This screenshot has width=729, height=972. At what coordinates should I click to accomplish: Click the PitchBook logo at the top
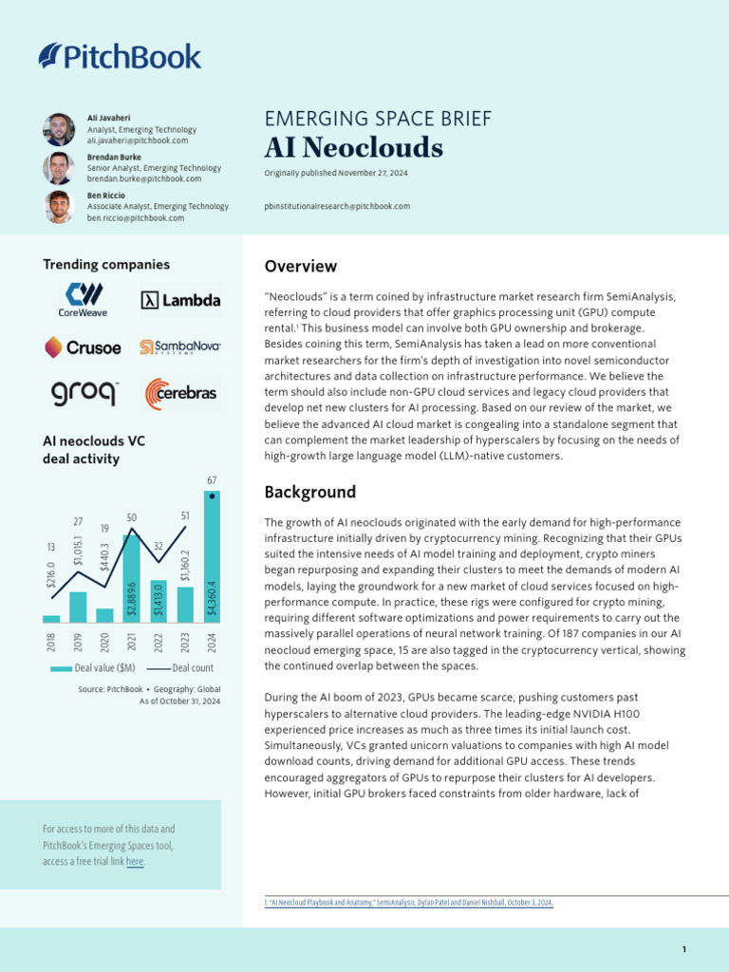120,57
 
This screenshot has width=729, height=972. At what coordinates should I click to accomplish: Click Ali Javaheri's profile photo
58,129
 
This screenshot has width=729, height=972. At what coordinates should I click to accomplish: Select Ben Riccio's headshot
58,207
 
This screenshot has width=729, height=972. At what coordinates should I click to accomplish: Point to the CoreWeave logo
84,299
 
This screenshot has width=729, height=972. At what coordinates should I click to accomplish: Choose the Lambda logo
180,300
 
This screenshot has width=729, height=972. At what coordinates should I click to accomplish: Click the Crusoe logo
84,347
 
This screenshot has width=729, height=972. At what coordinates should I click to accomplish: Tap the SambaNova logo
180,347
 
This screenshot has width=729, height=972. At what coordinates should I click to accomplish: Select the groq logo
84,393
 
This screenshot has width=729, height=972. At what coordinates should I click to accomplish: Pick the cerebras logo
180,393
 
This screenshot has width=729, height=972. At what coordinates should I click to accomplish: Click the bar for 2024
212,560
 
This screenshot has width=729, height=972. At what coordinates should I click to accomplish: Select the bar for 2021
131,579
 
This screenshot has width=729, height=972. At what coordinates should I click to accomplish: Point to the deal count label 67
212,481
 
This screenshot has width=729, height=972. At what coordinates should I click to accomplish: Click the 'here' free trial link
135,862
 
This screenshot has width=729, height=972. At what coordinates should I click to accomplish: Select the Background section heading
310,492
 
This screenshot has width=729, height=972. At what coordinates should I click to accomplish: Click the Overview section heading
300,267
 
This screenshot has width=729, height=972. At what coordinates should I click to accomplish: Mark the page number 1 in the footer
683,950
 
